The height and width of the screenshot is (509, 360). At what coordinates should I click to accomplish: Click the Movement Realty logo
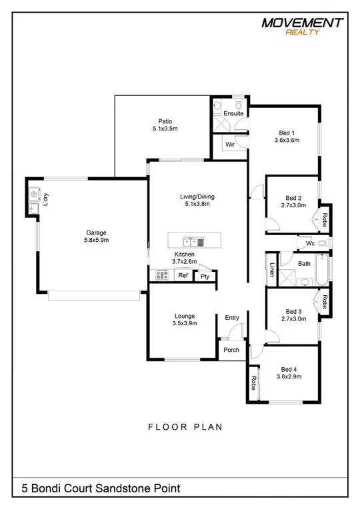pos(303,26)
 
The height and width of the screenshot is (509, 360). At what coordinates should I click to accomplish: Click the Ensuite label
pos(233,113)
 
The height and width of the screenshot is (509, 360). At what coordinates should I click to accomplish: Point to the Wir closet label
pos(229,144)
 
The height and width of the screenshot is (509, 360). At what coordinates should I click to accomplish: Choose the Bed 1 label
pos(287,132)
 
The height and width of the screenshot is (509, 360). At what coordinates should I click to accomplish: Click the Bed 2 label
pos(293,198)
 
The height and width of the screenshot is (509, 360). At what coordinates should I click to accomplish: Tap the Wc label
pos(310,244)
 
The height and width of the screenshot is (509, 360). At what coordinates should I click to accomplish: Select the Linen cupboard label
pos(272,270)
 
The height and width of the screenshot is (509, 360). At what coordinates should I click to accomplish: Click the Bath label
pos(304,264)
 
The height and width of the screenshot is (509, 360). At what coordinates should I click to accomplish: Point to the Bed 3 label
pos(293,311)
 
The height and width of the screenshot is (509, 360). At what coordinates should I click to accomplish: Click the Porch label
pos(231,350)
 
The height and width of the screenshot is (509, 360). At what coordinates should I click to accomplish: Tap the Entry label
pos(231,318)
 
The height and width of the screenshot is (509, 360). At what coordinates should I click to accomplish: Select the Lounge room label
pos(184,316)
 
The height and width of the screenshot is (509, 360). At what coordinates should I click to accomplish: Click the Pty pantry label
pos(205,276)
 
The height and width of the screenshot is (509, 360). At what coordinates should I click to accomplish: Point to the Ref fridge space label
pos(182,274)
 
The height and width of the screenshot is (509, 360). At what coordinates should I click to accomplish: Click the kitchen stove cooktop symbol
pos(161,274)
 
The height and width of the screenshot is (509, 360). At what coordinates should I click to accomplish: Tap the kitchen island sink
pos(192,239)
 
